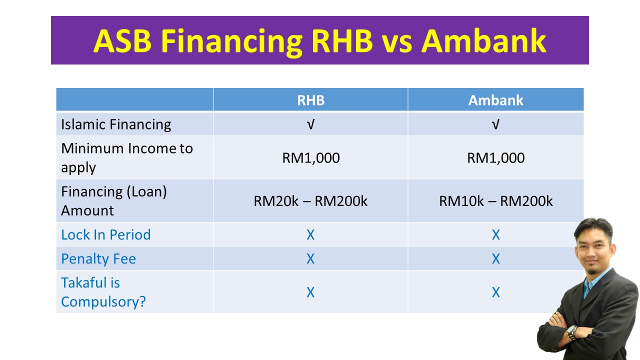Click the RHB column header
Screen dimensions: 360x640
tap(310, 100)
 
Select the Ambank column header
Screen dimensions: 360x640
tap(495, 100)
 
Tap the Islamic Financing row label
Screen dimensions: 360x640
tap(116, 124)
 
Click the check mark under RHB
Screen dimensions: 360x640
tap(310, 124)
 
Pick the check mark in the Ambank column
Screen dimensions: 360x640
tap(495, 124)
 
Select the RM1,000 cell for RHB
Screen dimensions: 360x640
tap(310, 158)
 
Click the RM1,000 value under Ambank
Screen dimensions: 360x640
tap(495, 158)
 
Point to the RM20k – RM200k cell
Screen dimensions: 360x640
tap(310, 201)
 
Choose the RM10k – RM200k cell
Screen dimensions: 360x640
tap(495, 201)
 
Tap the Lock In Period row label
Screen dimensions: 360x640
tap(105, 234)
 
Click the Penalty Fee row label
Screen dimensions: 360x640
tap(98, 258)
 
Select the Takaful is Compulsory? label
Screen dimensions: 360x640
tap(103, 292)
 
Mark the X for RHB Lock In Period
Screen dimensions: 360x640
tap(310, 234)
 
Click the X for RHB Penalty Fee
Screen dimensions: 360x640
tap(310, 258)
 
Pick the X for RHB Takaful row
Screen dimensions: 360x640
tap(310, 292)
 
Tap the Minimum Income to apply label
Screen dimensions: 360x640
tap(126, 157)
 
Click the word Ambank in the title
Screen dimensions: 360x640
tap(483, 40)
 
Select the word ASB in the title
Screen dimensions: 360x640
tap(122, 40)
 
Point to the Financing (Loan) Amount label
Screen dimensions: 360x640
tap(113, 200)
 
